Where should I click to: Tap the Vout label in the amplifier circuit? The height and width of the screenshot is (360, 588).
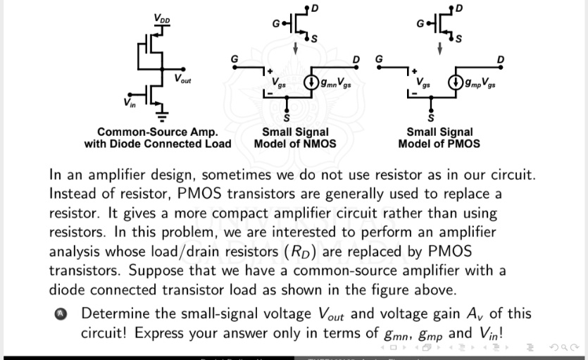(182, 80)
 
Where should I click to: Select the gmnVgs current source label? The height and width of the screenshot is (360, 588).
(335, 85)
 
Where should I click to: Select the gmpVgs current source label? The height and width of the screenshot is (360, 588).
(479, 85)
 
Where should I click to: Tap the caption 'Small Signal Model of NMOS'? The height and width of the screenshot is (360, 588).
(295, 137)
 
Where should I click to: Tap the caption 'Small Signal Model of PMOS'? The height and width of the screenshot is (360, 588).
(439, 137)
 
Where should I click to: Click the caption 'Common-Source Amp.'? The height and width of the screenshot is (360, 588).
(158, 132)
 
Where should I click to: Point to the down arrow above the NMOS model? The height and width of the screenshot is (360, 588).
(296, 48)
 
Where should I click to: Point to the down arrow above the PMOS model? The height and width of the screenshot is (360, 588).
(439, 48)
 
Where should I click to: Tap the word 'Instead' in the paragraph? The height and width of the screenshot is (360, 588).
(74, 194)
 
